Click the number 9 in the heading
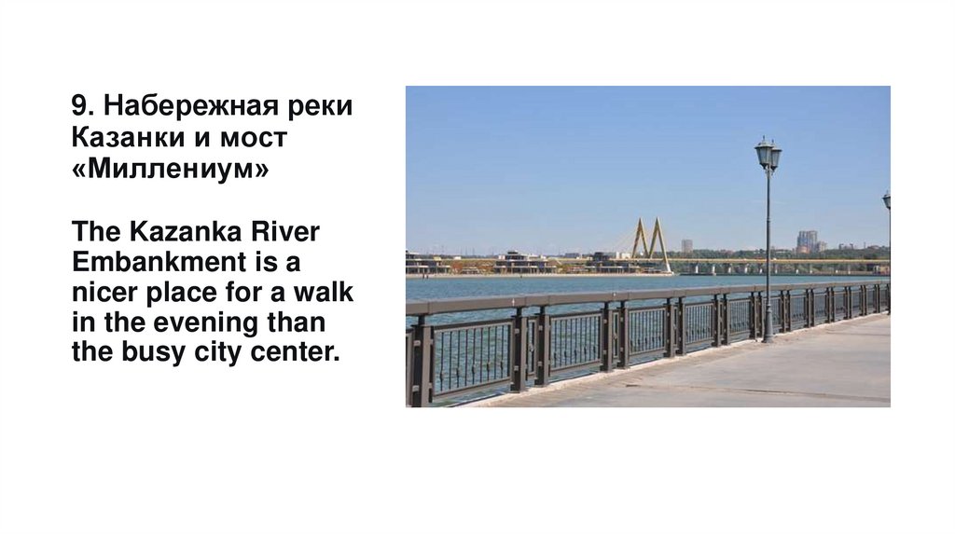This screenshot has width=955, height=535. click(77, 106)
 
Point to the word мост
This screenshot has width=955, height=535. click(253, 139)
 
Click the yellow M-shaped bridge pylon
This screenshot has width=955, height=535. click(650, 240)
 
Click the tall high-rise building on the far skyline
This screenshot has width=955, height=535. click(807, 240)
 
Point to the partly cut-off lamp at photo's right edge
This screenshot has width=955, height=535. click(887, 201)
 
